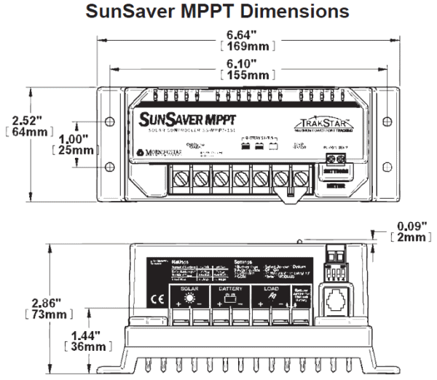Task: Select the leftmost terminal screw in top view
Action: tap(181, 177)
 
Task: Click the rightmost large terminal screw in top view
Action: tap(299, 177)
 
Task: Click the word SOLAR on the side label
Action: tap(189, 289)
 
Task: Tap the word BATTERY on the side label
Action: tap(231, 289)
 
